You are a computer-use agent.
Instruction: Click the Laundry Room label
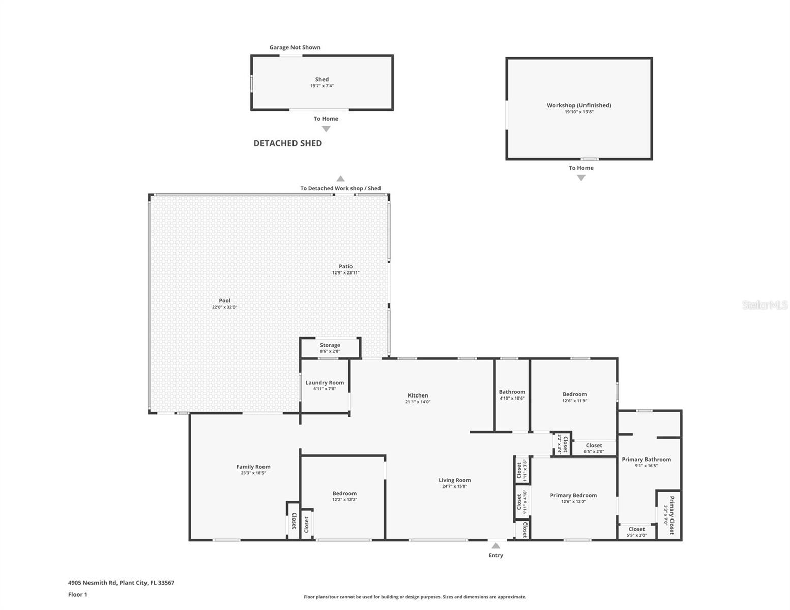[325, 383]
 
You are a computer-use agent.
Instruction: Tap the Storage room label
[330, 345]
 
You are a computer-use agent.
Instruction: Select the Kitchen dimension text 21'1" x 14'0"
[418, 402]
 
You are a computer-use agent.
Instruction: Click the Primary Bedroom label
[573, 495]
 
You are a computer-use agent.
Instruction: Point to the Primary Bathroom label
[646, 459]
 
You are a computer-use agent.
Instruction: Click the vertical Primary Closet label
[671, 515]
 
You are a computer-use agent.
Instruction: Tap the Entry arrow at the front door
[495, 546]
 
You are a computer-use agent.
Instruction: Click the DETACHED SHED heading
[287, 143]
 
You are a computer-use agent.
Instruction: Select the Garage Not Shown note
[295, 47]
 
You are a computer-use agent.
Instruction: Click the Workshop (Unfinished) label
[579, 105]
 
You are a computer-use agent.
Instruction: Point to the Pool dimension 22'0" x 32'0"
[224, 307]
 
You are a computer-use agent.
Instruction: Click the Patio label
[345, 266]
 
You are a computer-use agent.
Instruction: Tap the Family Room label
[253, 467]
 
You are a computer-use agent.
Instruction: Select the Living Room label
[454, 480]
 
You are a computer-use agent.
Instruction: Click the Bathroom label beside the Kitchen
[512, 392]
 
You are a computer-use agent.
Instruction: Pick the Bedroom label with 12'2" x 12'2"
[344, 493]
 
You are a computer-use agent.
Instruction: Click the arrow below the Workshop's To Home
[581, 178]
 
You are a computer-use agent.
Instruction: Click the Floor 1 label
[78, 594]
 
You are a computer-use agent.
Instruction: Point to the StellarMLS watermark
[765, 305]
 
